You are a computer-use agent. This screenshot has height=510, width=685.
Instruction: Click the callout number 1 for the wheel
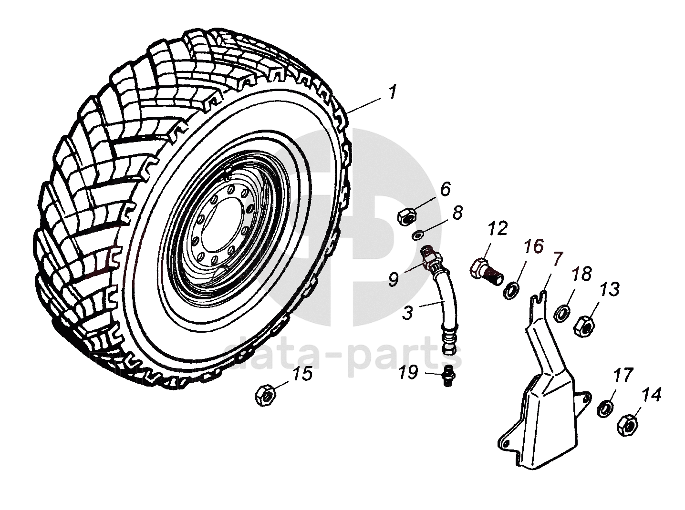392,92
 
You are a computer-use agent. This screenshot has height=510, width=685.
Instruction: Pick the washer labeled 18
561,313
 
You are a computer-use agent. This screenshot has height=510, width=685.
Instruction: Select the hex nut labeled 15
264,396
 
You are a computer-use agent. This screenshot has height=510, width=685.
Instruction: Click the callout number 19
409,372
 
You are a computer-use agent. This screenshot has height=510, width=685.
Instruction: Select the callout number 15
302,374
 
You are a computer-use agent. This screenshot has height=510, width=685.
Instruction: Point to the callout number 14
652,395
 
